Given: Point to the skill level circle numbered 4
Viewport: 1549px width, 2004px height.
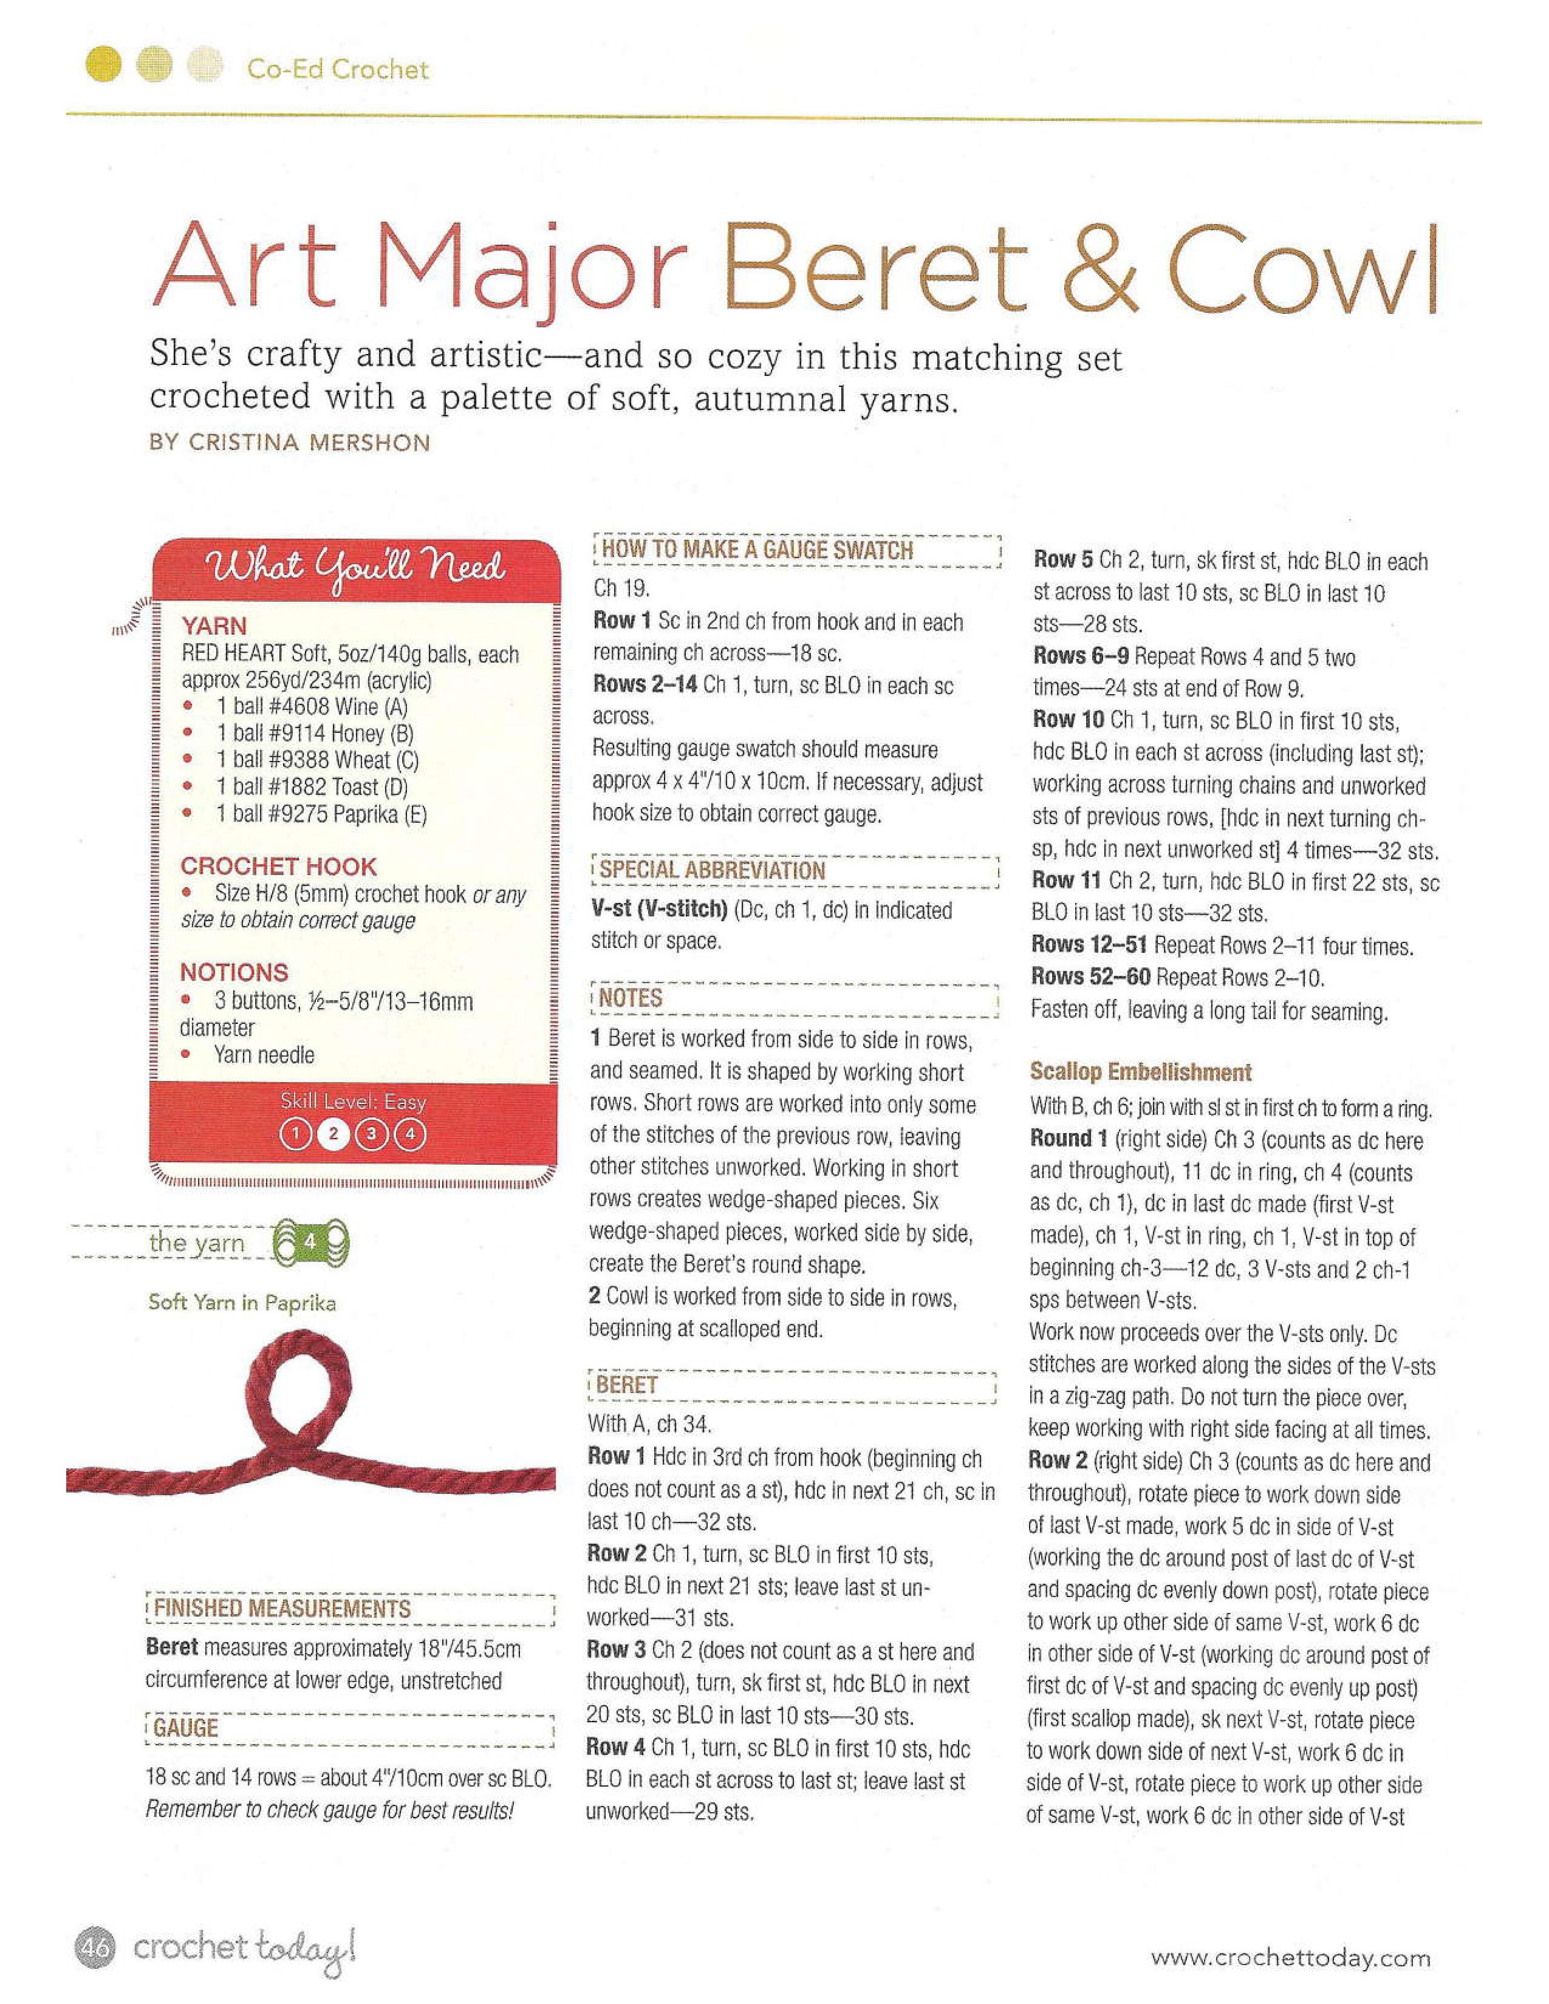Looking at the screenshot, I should coord(409,1135).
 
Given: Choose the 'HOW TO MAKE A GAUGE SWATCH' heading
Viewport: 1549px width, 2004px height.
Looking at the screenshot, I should coord(756,551).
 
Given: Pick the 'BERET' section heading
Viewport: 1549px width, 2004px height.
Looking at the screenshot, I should coord(627,1385).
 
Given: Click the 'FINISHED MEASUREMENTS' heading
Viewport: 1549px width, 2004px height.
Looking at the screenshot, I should coord(282,1609).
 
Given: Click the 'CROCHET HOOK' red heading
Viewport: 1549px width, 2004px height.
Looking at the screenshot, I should coord(278,866).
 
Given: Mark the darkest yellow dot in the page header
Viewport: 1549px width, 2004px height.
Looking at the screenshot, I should coord(104,67).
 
